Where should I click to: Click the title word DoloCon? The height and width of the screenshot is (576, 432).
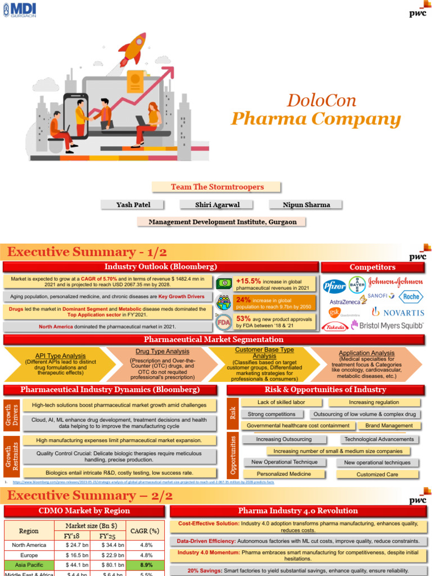[321, 101]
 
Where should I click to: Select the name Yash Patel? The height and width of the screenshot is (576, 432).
[133, 205]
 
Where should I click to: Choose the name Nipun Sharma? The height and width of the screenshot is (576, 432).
[300, 205]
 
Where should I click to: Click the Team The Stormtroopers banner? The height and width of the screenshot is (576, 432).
[217, 187]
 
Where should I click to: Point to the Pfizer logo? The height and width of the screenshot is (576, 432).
[334, 286]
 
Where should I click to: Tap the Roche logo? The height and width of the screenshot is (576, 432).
[409, 296]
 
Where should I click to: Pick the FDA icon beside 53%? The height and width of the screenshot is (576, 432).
[224, 322]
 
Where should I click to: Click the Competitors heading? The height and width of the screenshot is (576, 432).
[372, 267]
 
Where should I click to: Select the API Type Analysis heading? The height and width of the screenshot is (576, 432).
[60, 356]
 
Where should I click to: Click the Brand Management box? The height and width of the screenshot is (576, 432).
[389, 426]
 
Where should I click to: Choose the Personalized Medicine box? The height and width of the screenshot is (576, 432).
[284, 474]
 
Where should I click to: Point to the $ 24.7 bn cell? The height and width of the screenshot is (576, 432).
[74, 544]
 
